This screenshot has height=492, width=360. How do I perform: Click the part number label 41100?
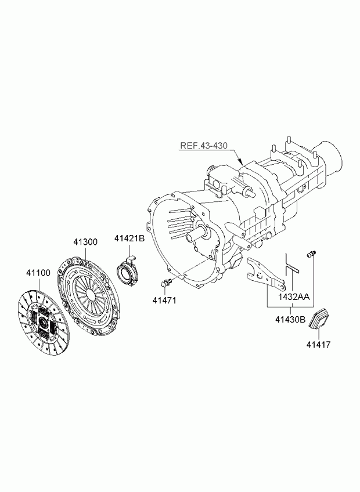38,273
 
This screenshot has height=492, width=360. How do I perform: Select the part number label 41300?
85,242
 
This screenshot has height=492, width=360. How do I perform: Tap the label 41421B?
129,239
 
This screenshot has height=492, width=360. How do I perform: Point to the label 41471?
164,301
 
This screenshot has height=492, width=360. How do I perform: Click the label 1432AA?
294,297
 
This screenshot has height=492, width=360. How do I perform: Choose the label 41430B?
290,320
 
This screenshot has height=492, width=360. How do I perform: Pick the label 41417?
319,345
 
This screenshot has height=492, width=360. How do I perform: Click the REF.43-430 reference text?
204,146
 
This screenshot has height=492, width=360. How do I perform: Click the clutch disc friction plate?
42,323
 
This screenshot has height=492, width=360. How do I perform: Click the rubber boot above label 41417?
317,320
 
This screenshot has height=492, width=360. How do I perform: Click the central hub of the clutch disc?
43,322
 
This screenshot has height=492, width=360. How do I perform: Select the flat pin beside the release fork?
293,268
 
